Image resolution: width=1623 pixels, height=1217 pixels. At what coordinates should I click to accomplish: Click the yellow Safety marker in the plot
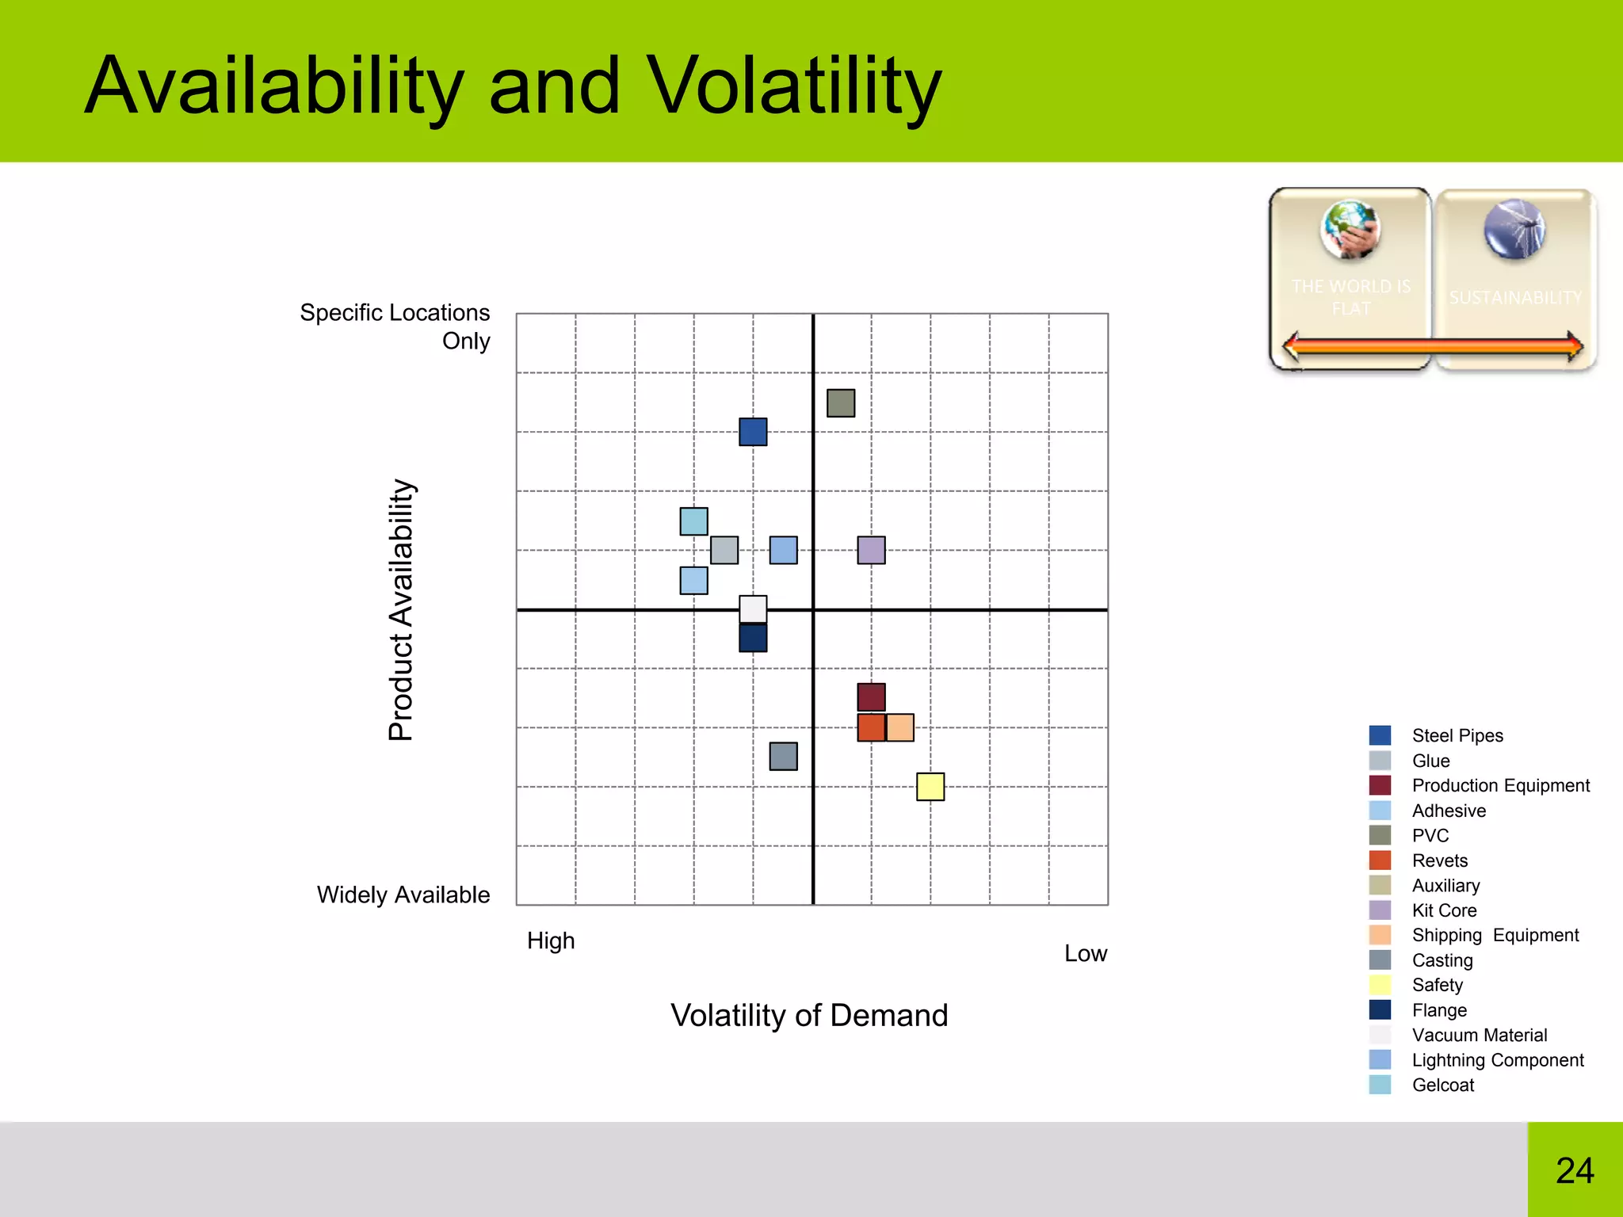tap(930, 787)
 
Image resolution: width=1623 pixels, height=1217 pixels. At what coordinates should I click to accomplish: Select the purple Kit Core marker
tap(871, 550)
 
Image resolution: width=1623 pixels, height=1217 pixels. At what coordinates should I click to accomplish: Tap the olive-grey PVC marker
tap(841, 402)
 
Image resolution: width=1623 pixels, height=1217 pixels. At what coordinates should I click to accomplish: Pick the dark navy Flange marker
tap(753, 639)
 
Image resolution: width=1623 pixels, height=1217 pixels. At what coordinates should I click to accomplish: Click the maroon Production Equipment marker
tap(871, 696)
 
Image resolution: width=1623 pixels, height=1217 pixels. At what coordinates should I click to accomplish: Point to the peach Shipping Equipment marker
tap(901, 727)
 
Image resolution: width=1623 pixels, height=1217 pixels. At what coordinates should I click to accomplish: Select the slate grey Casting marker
tap(783, 756)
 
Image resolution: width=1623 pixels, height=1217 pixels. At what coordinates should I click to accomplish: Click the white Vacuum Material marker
tap(753, 608)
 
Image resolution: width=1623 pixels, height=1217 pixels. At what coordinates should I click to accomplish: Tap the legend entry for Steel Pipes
tap(1457, 735)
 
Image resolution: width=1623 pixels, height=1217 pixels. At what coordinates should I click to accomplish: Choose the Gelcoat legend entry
tap(1442, 1085)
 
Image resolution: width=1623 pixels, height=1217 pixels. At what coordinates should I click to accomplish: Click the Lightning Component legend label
tap(1497, 1060)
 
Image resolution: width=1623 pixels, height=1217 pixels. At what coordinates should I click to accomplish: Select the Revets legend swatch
tap(1380, 860)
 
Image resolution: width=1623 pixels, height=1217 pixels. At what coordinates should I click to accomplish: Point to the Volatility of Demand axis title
tap(809, 1015)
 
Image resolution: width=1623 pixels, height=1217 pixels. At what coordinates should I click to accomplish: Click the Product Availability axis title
tap(402, 609)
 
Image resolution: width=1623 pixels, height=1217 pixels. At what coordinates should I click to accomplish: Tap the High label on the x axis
tap(551, 940)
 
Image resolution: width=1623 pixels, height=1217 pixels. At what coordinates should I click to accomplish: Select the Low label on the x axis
tap(1085, 953)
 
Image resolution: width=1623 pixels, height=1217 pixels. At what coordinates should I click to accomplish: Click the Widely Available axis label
tap(403, 895)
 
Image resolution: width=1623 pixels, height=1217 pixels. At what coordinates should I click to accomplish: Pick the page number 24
tap(1575, 1170)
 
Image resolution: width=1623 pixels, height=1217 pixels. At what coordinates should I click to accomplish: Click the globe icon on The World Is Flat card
tap(1350, 230)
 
